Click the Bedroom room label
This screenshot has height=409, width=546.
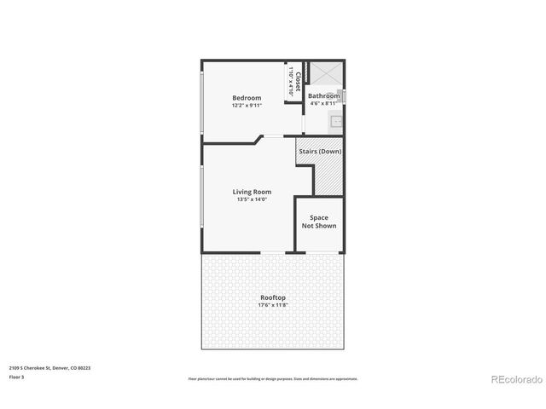pos(247,98)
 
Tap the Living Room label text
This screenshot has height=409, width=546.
pos(252,192)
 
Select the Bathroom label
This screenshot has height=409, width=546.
pos(324,96)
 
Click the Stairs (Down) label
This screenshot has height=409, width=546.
pos(320,151)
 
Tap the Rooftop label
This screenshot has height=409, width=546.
pos(274,297)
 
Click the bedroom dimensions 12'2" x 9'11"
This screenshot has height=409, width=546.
pos(247,107)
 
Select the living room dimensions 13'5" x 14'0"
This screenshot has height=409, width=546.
pos(252,199)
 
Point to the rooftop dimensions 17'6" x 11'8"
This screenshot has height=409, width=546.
pos(274,305)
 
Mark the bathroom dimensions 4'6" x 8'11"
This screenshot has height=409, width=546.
pos(324,104)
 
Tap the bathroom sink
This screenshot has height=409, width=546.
pos(337,121)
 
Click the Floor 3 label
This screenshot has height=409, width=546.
pos(17,376)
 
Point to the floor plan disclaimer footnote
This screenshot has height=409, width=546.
pos(273,378)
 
